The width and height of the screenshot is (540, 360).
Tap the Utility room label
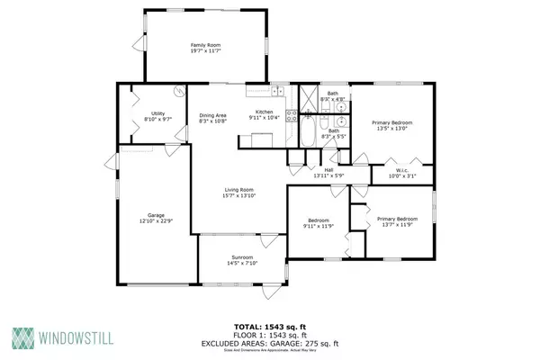[x=157, y=112]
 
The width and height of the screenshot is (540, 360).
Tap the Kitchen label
[x=264, y=86]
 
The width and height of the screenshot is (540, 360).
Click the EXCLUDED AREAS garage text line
[x=269, y=343]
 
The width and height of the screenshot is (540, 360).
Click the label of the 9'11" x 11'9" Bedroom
[x=319, y=220]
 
